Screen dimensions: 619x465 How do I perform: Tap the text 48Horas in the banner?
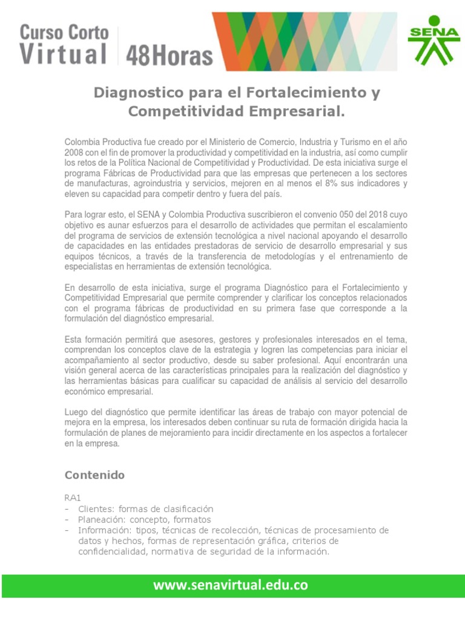pos(169,56)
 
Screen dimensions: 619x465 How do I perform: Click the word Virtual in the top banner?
pos(64,54)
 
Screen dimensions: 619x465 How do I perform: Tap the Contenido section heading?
pos(94,475)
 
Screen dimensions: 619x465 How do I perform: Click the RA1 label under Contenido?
pos(73,498)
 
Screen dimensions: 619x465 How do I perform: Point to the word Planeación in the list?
pos(102,519)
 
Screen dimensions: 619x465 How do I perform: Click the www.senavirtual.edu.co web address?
pos(231,585)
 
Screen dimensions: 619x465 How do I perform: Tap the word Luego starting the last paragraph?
pos(76,412)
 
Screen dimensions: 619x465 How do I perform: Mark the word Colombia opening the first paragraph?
pos(82,141)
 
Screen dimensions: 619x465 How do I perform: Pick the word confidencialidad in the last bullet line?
pos(113,551)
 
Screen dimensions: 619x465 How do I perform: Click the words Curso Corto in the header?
pos(64,32)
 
